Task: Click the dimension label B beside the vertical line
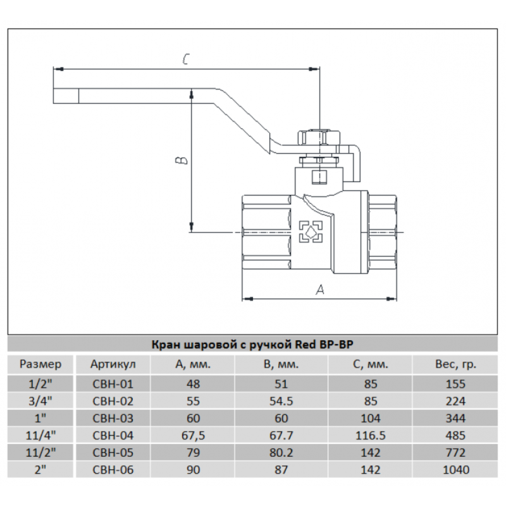(180, 159)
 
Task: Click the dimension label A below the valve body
(320, 290)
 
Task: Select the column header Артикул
(112, 364)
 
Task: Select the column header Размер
(40, 364)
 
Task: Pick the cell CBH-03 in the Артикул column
(112, 418)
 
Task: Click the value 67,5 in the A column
(193, 436)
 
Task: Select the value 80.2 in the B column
(281, 453)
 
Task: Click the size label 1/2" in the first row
(40, 384)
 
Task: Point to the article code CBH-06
(112, 470)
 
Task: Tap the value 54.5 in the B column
(281, 401)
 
